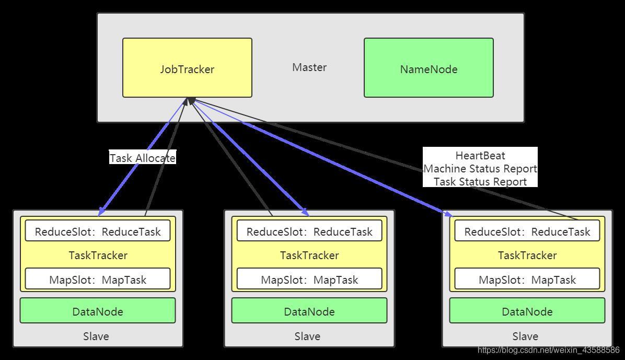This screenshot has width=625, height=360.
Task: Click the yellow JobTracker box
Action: pos(187,68)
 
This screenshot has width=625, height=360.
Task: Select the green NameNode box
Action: pos(429,68)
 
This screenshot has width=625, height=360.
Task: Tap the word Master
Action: pos(309,67)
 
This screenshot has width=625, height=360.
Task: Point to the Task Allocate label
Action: pos(143,158)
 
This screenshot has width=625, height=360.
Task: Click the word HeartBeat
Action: pos(480,156)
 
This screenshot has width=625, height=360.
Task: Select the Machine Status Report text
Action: pos(480,169)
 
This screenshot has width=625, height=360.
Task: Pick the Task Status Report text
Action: pos(480,182)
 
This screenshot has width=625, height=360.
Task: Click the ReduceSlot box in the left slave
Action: pos(98,231)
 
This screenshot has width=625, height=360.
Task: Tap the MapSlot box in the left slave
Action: pos(98,278)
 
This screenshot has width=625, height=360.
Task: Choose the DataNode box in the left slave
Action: pos(98,310)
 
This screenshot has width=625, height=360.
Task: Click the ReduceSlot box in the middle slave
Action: pos(309,231)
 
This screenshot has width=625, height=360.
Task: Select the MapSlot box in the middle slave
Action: pos(309,278)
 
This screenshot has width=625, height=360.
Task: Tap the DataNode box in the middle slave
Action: pos(309,310)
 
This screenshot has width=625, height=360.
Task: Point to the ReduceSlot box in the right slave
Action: pos(527,231)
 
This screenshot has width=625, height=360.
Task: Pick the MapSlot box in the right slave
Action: pos(527,278)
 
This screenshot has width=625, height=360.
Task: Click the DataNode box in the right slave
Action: pos(527,310)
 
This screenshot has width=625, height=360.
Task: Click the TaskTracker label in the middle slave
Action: pos(309,255)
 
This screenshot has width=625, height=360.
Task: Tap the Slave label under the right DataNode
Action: pos(525,336)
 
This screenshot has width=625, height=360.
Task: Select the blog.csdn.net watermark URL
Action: pos(549,350)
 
